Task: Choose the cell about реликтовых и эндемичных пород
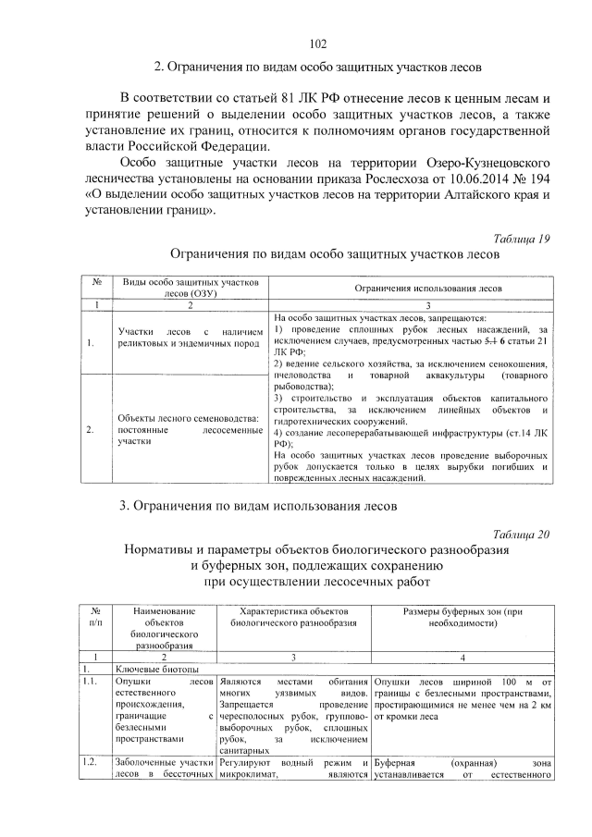(186, 338)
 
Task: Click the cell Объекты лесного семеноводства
(186, 429)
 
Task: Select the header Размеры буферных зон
(462, 618)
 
